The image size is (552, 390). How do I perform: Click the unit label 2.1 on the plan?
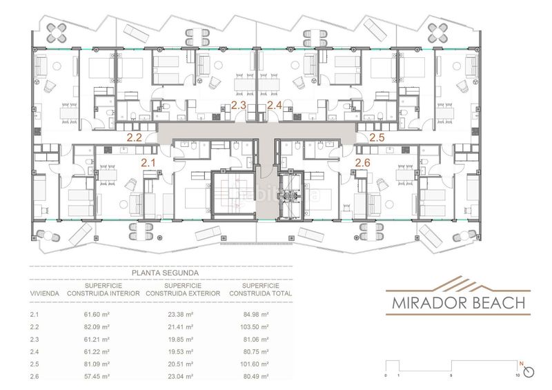(148, 163)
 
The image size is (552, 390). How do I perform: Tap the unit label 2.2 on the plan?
(134, 137)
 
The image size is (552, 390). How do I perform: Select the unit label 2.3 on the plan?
(239, 106)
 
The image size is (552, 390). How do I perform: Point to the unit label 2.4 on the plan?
(275, 106)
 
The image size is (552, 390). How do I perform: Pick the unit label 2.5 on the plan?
(377, 137)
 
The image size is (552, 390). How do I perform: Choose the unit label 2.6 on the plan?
(363, 163)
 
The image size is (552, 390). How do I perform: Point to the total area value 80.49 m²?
(248, 376)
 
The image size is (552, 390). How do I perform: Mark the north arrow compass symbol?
(529, 371)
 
